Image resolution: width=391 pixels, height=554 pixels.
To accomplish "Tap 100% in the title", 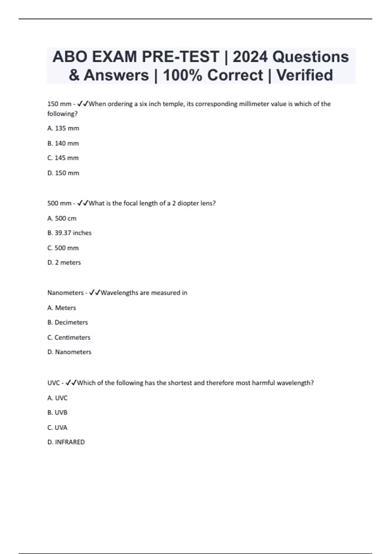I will point(183,75).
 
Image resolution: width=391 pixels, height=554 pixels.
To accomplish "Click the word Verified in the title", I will point(305,75).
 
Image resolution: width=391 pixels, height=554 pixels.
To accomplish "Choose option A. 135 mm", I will point(63,128).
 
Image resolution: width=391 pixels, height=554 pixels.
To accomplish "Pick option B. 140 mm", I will point(63,143).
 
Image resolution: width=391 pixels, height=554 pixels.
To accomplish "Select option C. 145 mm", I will point(63,158).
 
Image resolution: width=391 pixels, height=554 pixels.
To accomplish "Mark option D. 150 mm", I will point(63,173).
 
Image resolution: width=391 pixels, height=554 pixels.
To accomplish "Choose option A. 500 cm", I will point(62,218).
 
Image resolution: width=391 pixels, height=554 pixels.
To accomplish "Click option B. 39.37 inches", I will point(69,233).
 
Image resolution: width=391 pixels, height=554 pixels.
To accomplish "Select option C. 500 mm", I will point(63,248).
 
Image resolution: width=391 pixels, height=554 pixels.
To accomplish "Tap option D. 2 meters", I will point(64,263).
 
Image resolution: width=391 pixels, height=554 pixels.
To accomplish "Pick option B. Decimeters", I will point(68,322).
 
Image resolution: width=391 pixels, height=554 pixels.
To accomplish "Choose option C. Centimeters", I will point(69,337).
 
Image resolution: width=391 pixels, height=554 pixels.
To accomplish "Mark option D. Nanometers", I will point(69,352).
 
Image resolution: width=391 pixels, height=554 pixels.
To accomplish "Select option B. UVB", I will point(57,413).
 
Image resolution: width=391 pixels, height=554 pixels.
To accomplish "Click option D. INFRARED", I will point(66,442).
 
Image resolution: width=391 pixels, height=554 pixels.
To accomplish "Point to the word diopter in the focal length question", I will point(188,203).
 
